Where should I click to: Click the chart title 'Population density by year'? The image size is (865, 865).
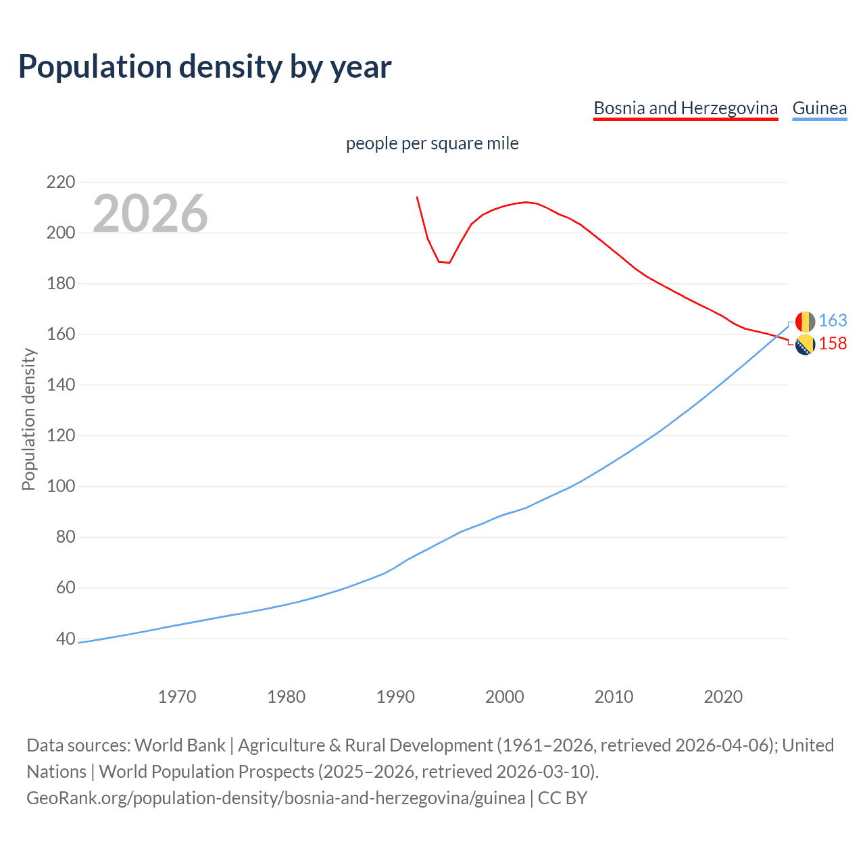click(205, 67)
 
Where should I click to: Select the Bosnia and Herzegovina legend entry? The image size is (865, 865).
click(685, 108)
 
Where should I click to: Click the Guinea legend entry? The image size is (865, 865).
click(819, 108)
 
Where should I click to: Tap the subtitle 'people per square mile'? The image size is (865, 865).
click(432, 143)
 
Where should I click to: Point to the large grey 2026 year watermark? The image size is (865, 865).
click(150, 214)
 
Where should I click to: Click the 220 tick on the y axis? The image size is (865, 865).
click(61, 182)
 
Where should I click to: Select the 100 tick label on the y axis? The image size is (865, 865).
click(61, 487)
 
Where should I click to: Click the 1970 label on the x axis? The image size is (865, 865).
click(177, 697)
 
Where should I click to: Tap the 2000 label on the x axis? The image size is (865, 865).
click(504, 697)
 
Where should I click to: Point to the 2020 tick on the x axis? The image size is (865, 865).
click(723, 697)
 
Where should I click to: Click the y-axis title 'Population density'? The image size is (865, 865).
click(28, 419)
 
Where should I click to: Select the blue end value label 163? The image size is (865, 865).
click(833, 321)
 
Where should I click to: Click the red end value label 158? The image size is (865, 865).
click(833, 344)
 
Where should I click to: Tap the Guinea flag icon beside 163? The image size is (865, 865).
click(805, 322)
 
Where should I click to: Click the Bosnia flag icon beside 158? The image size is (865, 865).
click(805, 345)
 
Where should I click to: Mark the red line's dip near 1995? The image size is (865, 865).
click(449, 262)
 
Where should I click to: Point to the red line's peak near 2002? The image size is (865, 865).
click(526, 202)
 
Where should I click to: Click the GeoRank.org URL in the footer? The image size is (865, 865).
click(276, 798)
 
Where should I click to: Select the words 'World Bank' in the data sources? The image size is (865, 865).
click(180, 745)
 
